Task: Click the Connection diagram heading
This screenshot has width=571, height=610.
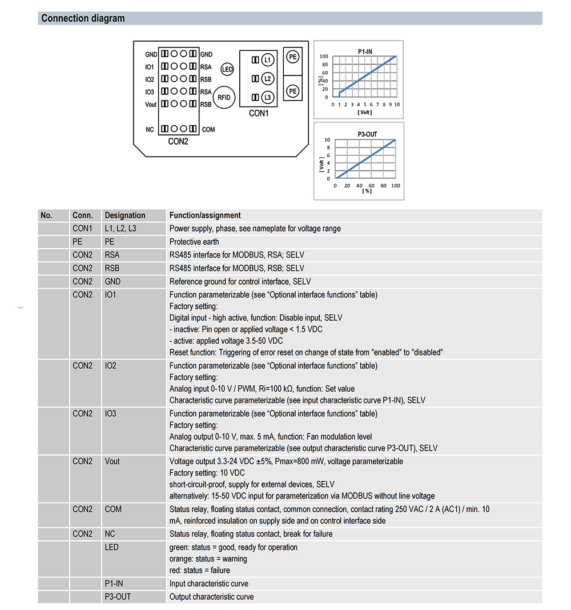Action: click(83, 18)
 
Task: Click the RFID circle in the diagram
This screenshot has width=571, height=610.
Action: click(224, 97)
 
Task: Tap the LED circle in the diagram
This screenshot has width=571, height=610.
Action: click(227, 70)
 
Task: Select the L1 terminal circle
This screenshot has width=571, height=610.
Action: click(268, 60)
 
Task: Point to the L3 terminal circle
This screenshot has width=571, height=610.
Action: click(268, 97)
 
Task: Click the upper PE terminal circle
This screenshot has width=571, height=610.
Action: click(292, 57)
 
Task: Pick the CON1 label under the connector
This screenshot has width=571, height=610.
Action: click(259, 113)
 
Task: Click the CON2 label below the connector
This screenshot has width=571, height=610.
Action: click(178, 141)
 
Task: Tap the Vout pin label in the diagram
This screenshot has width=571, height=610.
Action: click(151, 105)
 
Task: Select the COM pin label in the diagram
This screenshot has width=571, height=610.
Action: click(208, 130)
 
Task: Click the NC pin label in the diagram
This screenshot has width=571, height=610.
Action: click(150, 130)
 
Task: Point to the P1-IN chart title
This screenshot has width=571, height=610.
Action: click(365, 51)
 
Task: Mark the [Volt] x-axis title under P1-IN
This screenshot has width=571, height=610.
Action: click(364, 112)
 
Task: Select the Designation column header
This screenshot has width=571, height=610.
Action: click(125, 216)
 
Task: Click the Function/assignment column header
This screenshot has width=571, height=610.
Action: click(205, 216)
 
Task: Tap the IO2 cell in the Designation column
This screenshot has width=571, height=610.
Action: click(110, 366)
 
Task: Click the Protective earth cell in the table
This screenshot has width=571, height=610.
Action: click(194, 242)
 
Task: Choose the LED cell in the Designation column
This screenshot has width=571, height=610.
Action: click(111, 547)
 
